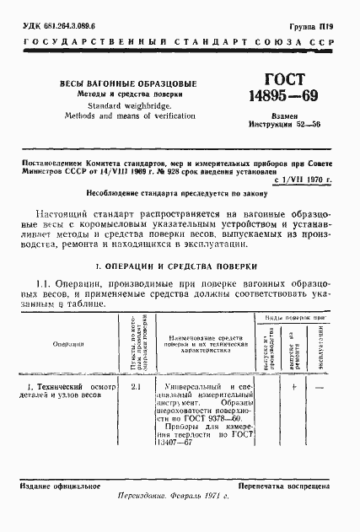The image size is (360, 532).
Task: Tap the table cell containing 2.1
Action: pyautogui.click(x=137, y=386)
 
